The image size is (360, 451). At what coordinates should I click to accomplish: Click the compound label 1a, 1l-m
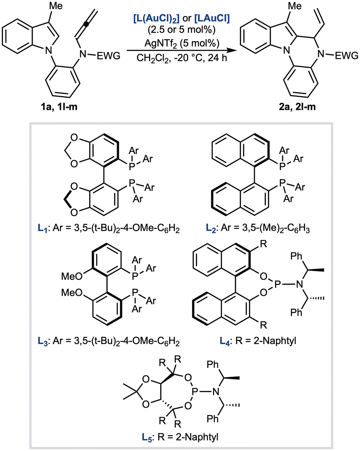pyautogui.click(x=59, y=107)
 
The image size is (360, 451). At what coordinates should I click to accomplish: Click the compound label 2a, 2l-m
pyautogui.click(x=297, y=107)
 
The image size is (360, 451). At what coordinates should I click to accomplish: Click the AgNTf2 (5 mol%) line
pyautogui.click(x=182, y=43)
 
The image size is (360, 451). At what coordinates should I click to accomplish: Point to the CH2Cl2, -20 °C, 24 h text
pyautogui.click(x=182, y=58)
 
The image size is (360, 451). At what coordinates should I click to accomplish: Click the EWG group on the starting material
pyautogui.click(x=108, y=55)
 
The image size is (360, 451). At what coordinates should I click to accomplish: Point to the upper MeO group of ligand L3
pyautogui.click(x=72, y=276)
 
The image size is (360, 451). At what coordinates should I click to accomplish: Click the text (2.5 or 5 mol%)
pyautogui.click(x=182, y=30)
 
